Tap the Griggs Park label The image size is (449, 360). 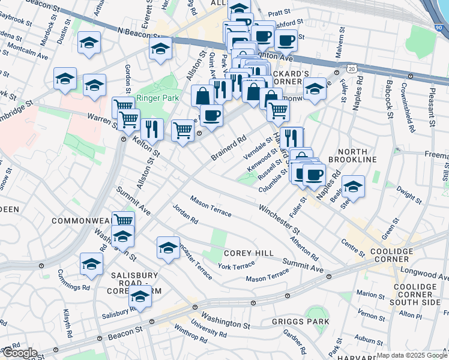(x=305, y=322)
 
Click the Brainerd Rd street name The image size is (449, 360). (x=229, y=148)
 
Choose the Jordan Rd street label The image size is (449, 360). (x=185, y=215)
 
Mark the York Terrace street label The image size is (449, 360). (x=236, y=266)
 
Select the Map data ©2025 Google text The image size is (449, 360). (x=411, y=355)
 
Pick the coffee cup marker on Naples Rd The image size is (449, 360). (x=313, y=175)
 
